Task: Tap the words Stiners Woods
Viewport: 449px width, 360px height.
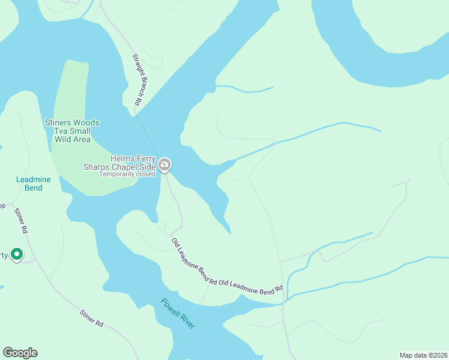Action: tap(72, 123)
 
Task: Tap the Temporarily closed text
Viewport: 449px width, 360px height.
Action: tap(127, 174)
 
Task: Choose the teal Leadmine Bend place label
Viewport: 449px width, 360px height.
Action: tap(29, 184)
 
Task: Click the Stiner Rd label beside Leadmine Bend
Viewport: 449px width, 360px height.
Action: tap(21, 220)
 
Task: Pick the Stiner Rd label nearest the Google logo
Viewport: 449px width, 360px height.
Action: tap(91, 319)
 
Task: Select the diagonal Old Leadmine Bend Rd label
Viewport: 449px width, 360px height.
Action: tap(194, 261)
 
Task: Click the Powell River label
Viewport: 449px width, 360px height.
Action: tap(178, 313)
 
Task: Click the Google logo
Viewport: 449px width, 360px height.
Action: tap(20, 353)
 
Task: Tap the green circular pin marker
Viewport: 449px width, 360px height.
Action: tap(17, 255)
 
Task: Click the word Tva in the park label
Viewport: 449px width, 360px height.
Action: tap(60, 131)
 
